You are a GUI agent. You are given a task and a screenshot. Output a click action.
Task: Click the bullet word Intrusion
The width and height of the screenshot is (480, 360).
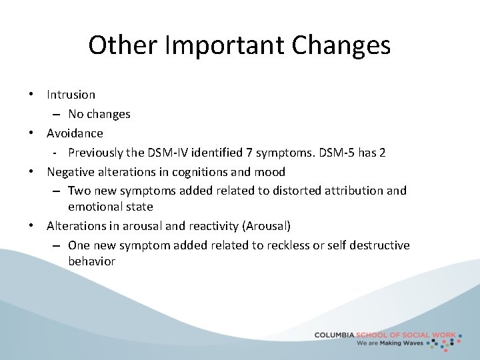71,95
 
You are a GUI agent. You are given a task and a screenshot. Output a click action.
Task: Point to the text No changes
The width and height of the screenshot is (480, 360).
99,114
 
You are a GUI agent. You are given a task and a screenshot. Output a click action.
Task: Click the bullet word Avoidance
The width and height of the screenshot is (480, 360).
75,133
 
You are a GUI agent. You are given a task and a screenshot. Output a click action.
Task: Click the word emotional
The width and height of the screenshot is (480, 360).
94,207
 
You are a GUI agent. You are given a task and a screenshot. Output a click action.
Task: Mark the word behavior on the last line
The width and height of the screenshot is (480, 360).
91,261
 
